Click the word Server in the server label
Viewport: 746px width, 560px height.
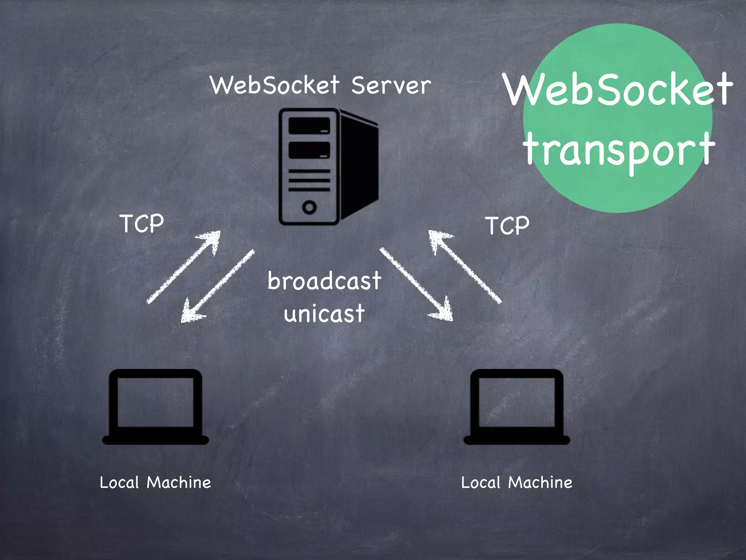click(x=391, y=85)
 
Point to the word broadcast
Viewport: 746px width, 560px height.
click(x=324, y=281)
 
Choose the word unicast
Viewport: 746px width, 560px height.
click(x=324, y=314)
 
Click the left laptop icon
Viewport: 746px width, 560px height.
click(x=156, y=407)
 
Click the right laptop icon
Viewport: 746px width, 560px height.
click(x=517, y=407)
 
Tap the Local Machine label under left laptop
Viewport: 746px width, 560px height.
click(x=156, y=482)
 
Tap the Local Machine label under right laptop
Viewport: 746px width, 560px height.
click(x=517, y=482)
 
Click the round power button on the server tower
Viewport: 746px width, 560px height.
click(x=309, y=207)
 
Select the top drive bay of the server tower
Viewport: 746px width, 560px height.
click(x=309, y=126)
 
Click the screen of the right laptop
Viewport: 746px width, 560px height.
click(x=517, y=402)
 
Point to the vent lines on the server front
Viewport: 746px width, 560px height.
click(x=309, y=180)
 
